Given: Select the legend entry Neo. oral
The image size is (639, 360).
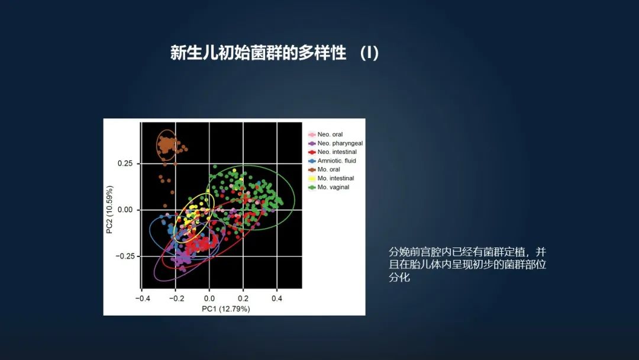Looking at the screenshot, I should (x=330, y=134).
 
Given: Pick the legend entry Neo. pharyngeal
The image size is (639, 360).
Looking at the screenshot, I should (x=340, y=143).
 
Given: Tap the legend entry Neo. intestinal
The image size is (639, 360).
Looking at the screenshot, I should (x=337, y=152).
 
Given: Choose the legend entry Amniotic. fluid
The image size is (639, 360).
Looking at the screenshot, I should (x=337, y=160).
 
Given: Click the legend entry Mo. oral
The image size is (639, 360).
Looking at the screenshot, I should (x=328, y=169).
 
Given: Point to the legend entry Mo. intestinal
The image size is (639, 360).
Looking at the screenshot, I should (x=335, y=178).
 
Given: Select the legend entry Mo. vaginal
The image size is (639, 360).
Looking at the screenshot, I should (x=333, y=187).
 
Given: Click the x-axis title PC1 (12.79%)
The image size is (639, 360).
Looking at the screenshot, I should (x=225, y=308).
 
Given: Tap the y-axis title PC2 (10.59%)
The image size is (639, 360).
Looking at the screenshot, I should (x=110, y=210).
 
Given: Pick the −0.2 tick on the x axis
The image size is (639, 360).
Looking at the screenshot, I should (x=176, y=298).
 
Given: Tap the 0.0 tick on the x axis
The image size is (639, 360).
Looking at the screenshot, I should (x=209, y=298).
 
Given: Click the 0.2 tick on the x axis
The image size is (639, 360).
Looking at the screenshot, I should (x=243, y=298).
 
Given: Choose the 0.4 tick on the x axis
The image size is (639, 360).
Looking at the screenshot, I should (x=277, y=298).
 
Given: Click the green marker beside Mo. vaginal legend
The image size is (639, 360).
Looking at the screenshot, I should (x=312, y=187).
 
